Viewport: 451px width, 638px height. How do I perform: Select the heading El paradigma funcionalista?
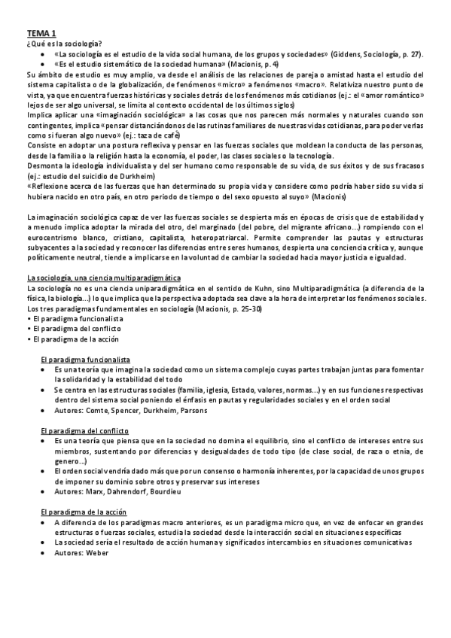coord(86,360)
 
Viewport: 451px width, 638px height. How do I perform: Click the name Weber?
coord(98,553)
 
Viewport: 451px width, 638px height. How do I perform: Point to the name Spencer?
coord(128,410)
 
